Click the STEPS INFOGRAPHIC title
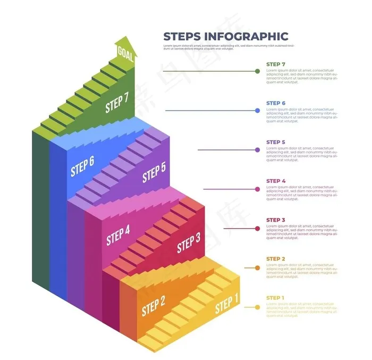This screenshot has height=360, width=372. tap(225, 36)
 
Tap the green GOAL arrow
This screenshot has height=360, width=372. tap(126, 52)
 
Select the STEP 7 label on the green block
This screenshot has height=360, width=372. tap(117, 103)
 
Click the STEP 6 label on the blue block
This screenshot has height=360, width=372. tap(82, 166)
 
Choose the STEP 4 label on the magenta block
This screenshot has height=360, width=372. tap(118, 236)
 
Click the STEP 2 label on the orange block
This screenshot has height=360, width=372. tap(153, 306)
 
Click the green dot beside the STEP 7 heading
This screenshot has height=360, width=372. tap(258, 71)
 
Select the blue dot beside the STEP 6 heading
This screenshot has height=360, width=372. tap(258, 111)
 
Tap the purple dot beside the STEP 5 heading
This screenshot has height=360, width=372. tap(258, 150)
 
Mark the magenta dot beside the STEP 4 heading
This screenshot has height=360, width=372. tap(258, 189)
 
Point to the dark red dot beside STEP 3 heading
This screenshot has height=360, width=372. tap(258, 228)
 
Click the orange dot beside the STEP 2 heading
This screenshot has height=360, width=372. tap(258, 268)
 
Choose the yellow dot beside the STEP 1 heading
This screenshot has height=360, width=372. tap(258, 307)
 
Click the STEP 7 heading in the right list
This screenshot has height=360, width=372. tap(276, 64)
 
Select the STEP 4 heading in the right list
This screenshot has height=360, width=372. tap(276, 181)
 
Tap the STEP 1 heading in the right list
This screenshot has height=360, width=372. tap(275, 298)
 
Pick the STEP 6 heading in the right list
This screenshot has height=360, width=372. tap(276, 103)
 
